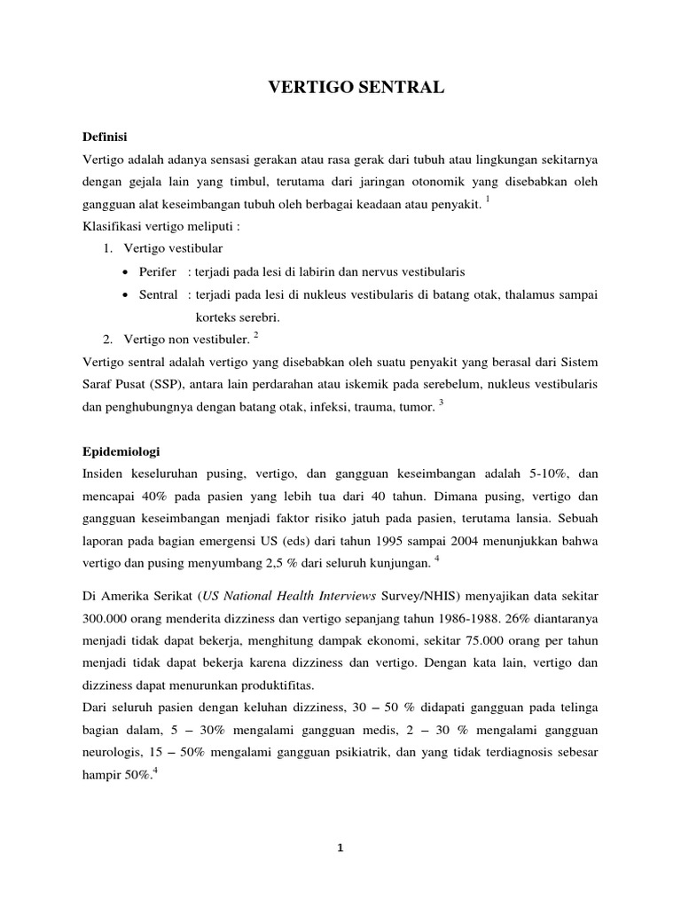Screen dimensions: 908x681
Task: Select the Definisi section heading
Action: click(105, 137)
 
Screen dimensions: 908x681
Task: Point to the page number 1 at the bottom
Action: click(340, 848)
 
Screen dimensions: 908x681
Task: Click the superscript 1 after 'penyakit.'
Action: click(489, 200)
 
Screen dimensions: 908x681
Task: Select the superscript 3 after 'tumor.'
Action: click(441, 402)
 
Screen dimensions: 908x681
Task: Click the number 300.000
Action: click(108, 617)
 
